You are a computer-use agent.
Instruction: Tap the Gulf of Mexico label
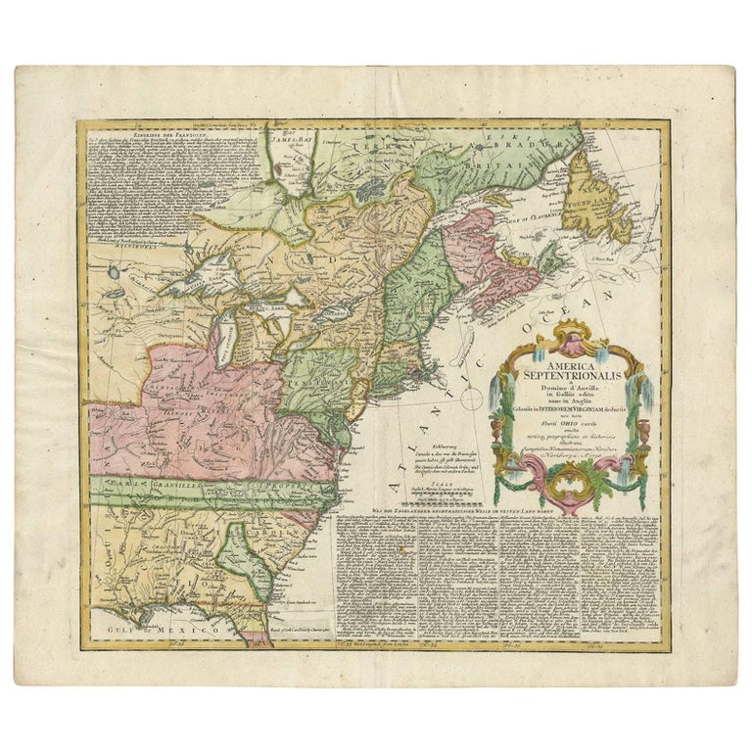tap(156, 632)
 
